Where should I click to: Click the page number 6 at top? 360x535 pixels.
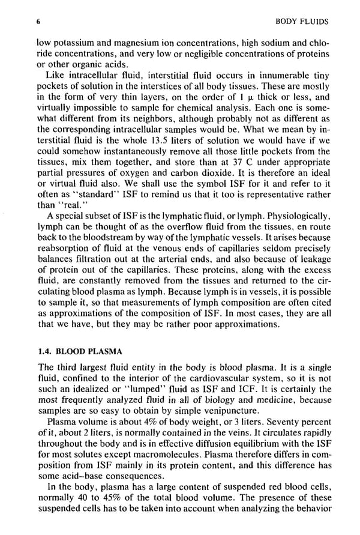[x=38, y=22]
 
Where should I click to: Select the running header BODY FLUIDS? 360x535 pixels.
[x=297, y=22]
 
